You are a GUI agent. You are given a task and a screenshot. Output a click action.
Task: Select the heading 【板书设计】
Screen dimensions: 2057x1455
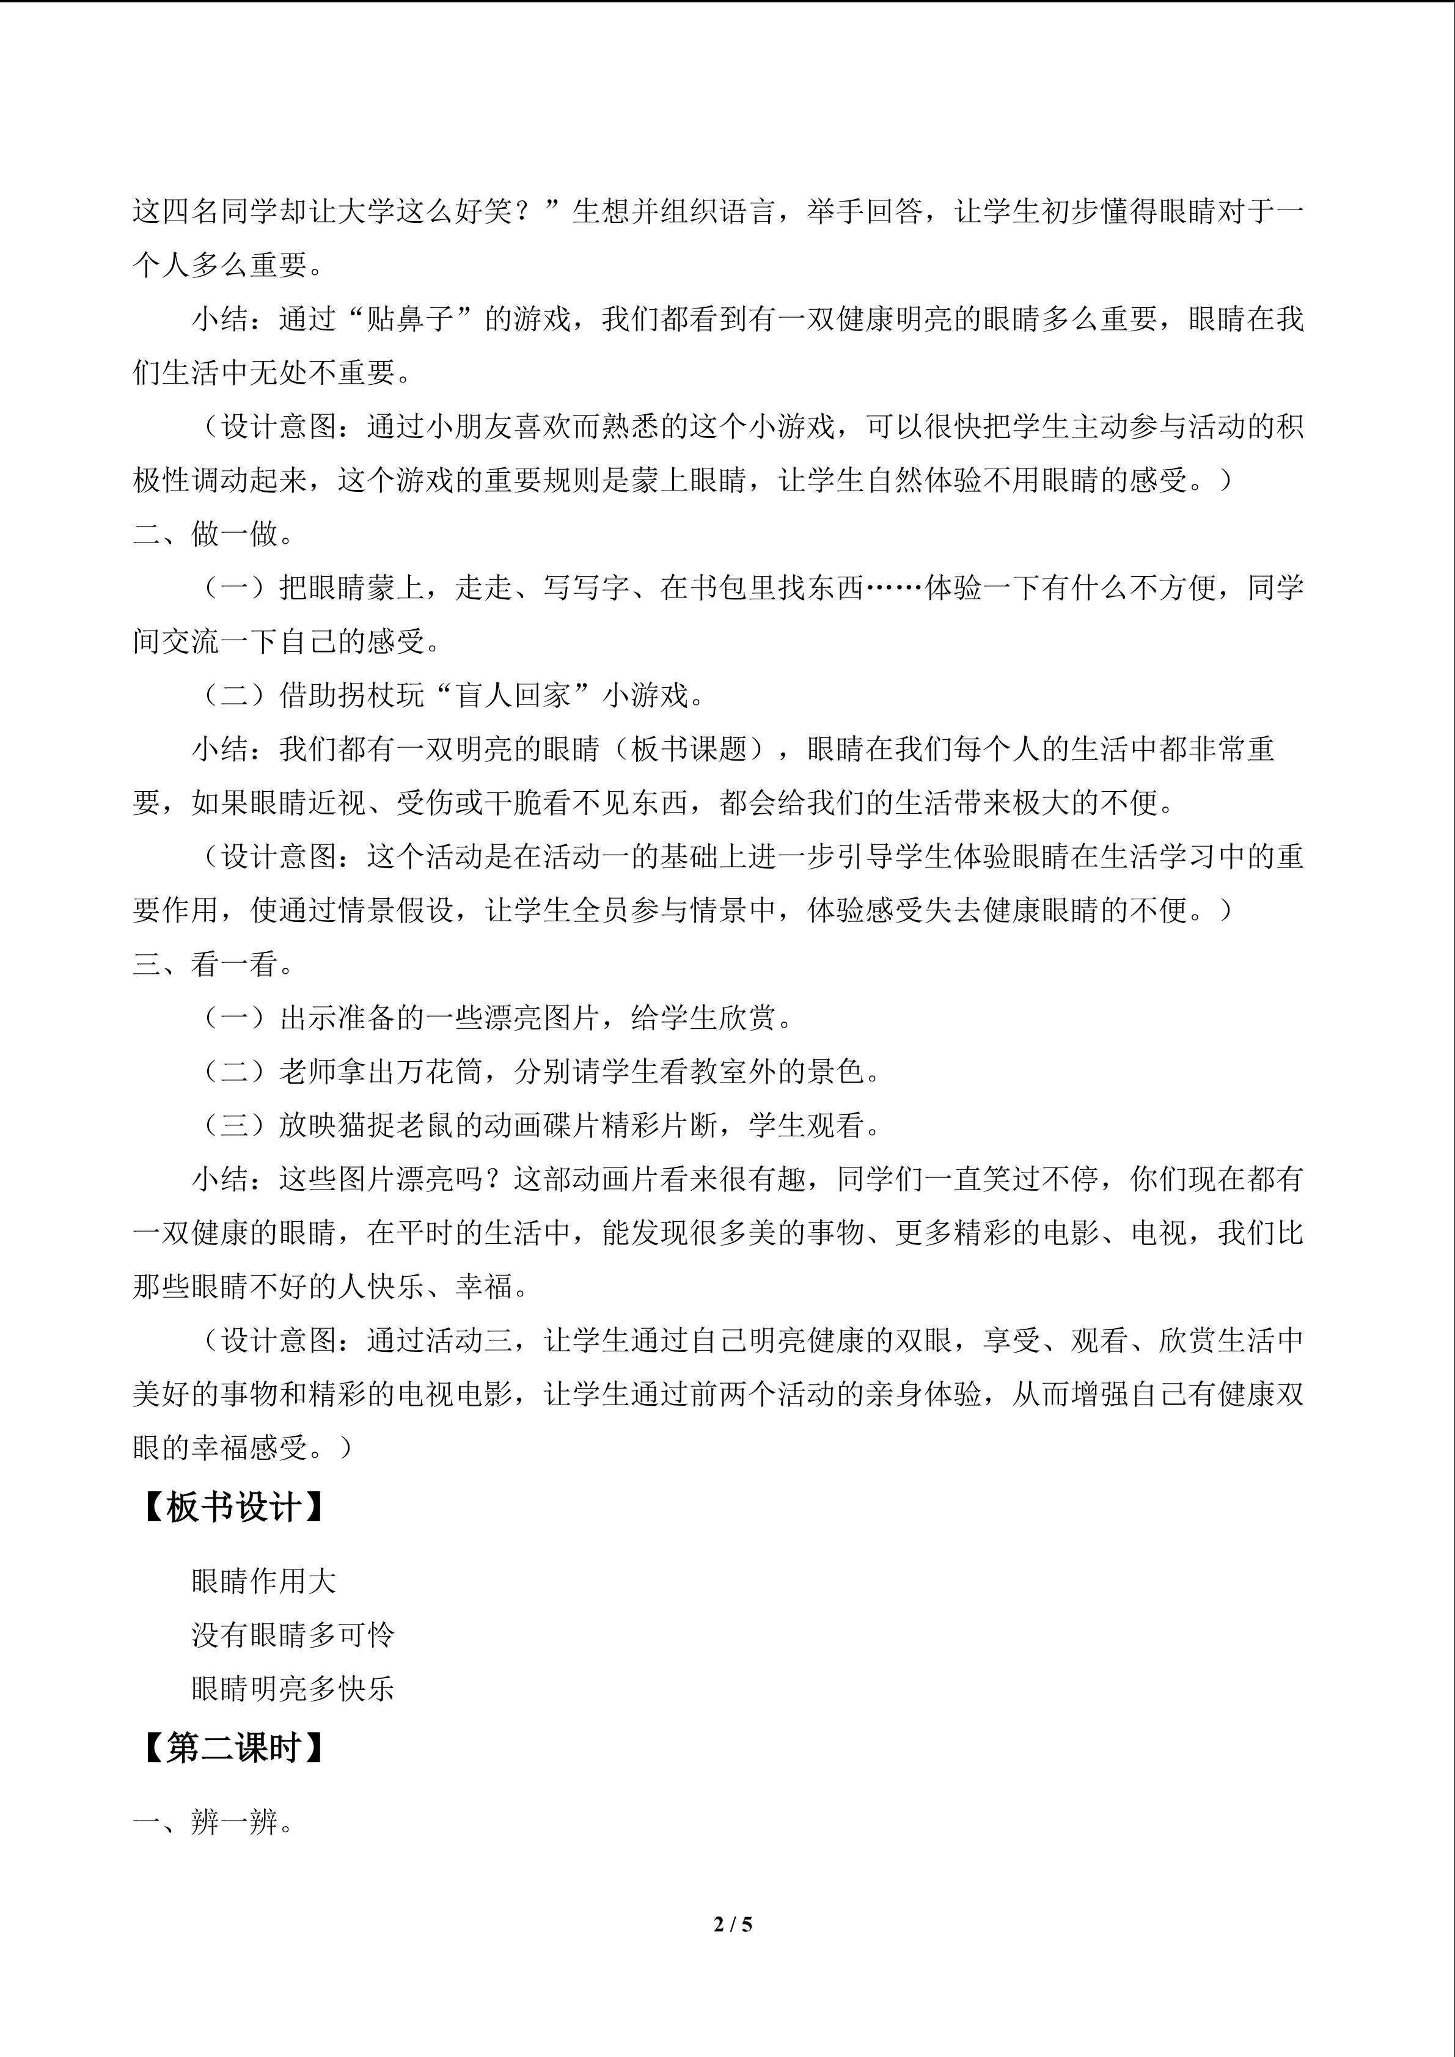(x=231, y=1508)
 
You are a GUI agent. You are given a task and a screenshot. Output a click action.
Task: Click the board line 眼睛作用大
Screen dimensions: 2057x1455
(x=263, y=1581)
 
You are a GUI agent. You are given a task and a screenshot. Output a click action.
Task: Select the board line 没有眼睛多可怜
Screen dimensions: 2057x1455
(x=293, y=1635)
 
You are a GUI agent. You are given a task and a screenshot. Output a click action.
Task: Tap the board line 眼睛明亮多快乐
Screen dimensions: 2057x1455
(x=293, y=1689)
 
